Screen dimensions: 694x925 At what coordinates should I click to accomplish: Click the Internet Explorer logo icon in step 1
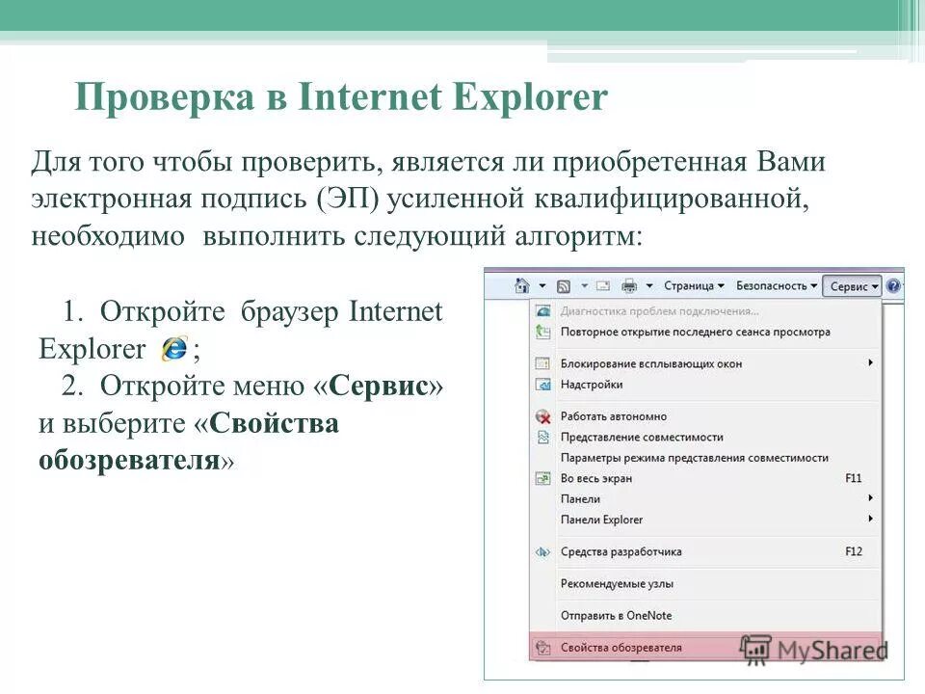tap(174, 348)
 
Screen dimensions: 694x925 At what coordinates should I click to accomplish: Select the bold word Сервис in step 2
tap(379, 387)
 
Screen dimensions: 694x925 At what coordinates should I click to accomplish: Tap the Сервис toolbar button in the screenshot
tap(853, 286)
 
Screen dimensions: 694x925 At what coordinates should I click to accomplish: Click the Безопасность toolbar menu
tap(777, 286)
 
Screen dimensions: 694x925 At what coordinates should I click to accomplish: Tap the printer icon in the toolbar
tap(629, 286)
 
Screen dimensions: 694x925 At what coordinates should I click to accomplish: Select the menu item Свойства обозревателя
tap(621, 648)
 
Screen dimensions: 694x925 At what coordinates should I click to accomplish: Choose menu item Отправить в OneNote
tap(616, 615)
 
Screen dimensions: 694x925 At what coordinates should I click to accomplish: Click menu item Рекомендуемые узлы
tap(617, 583)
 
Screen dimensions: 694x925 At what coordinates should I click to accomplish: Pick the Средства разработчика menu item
tap(621, 551)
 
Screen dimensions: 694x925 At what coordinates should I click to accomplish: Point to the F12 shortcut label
tap(853, 551)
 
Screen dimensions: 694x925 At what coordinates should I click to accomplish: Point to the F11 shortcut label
tap(853, 478)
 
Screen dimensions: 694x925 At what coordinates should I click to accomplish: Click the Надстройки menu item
tap(592, 385)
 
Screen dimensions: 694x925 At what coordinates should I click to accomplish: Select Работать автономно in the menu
tap(613, 416)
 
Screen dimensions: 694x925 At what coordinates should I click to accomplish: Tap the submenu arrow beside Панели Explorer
tap(870, 519)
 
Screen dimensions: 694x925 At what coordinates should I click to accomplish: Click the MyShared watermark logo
tap(815, 648)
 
